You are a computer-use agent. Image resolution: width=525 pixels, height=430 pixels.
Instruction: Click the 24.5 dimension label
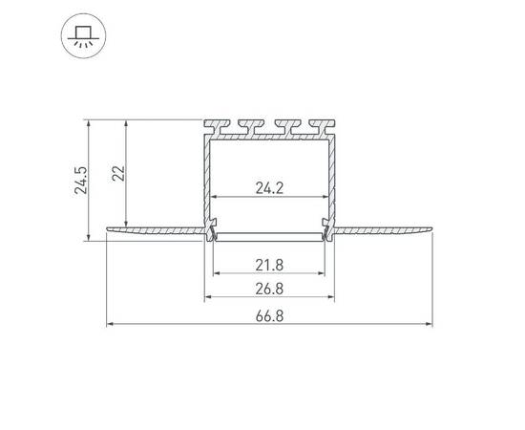click(81, 180)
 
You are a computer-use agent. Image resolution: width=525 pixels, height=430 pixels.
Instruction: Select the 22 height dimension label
click(118, 173)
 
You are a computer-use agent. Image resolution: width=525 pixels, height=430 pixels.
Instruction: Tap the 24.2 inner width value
click(269, 188)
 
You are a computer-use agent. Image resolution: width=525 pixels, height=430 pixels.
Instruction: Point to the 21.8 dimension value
click(269, 266)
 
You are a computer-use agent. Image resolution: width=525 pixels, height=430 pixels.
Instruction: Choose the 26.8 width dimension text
click(269, 289)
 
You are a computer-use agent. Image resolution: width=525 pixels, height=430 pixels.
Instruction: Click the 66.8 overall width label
click(269, 316)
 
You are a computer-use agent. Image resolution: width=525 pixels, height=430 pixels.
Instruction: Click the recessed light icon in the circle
click(83, 36)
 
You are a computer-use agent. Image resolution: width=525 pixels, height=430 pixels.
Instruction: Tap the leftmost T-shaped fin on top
click(218, 126)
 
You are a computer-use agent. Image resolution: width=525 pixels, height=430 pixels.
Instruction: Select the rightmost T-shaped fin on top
click(322, 126)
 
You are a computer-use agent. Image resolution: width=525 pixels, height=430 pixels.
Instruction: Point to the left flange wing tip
click(108, 229)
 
